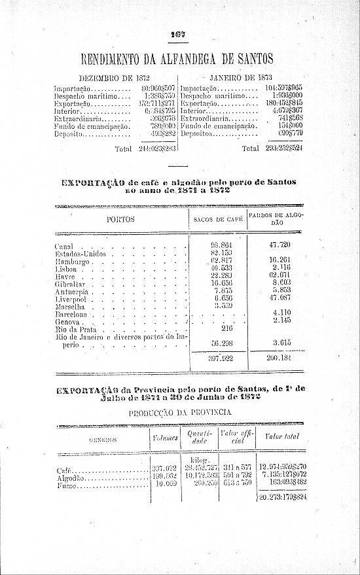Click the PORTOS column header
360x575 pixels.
pos(120,220)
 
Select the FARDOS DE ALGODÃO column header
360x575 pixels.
pos(276,219)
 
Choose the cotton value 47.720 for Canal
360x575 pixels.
pos(279,245)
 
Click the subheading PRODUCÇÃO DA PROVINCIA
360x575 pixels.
pos(180,413)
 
